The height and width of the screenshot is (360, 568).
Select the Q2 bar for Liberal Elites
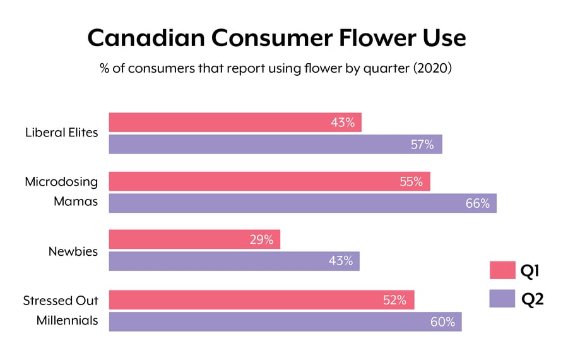point(275,145)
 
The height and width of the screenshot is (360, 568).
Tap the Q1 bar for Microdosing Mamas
point(269,181)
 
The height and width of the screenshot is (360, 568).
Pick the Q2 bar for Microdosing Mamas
point(302,203)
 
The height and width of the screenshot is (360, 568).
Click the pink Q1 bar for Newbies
point(194,239)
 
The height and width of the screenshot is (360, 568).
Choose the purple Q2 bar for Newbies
point(234,261)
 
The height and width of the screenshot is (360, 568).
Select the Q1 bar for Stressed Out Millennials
point(261,300)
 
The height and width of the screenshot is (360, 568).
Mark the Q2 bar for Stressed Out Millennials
point(285,321)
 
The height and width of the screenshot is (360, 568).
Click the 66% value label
point(477,203)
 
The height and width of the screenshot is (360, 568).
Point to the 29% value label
point(261,239)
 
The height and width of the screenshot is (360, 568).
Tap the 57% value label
point(422,145)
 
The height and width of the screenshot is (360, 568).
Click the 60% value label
point(442,321)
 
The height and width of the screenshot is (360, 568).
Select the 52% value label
point(394,300)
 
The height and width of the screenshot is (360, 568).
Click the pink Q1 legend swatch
point(501,270)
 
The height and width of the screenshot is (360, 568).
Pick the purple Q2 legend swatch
point(501,298)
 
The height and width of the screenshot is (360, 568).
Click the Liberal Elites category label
point(61,133)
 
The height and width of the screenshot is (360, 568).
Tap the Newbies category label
point(73,251)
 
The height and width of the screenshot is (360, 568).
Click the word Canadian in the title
point(146,38)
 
